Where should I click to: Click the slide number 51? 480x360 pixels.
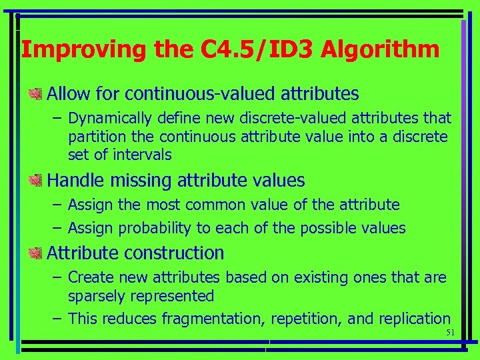450,333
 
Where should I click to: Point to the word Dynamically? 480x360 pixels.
111,119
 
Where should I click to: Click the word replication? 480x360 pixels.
415,319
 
